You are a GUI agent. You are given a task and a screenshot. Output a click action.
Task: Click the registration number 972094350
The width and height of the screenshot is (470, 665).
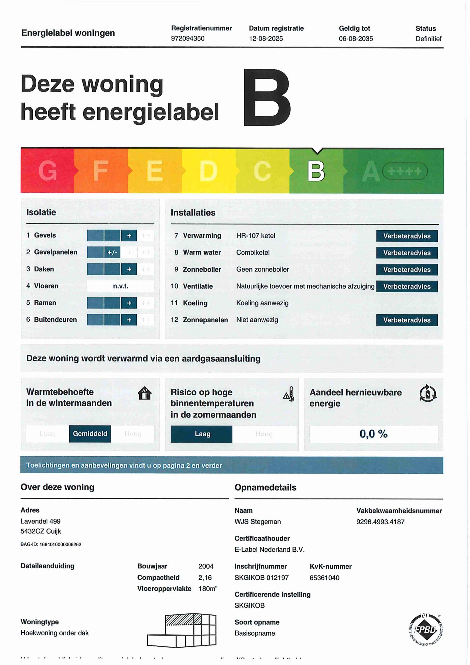[188, 39]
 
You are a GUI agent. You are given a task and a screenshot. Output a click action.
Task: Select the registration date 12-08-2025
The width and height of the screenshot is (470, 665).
[266, 39]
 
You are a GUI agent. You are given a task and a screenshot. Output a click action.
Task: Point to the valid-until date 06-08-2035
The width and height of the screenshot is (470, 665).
[356, 39]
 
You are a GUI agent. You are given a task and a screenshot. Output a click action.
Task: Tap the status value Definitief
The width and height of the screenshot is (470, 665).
[428, 39]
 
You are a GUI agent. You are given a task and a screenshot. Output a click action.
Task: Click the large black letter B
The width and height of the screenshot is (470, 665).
[267, 98]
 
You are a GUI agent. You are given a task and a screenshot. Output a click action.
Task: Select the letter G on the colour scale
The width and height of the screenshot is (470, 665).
[48, 171]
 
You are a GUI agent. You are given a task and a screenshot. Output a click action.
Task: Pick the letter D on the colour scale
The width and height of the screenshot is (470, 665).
[208, 171]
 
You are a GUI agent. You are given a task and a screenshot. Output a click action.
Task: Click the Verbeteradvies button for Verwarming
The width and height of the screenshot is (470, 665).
[407, 236]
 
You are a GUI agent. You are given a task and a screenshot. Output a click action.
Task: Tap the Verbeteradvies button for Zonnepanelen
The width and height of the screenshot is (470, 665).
[407, 320]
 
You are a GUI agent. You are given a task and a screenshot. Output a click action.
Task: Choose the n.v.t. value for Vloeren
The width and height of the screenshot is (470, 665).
[120, 286]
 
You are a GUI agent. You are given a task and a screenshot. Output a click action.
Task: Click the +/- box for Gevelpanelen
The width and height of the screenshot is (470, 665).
[112, 252]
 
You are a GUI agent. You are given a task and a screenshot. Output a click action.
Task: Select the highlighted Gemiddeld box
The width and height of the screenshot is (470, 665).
[90, 434]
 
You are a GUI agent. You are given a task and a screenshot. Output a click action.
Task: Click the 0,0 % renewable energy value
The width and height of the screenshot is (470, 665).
[373, 434]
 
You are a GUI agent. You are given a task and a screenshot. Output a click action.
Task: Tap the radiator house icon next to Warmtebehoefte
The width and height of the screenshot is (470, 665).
[145, 393]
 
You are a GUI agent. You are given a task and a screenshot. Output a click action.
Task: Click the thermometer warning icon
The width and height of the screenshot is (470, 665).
[289, 394]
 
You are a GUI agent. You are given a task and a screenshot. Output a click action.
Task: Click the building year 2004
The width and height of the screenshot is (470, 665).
[206, 566]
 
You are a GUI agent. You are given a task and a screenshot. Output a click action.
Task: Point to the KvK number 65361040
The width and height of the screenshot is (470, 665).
[324, 578]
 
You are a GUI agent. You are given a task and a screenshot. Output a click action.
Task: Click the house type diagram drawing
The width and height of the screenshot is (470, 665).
[182, 630]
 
